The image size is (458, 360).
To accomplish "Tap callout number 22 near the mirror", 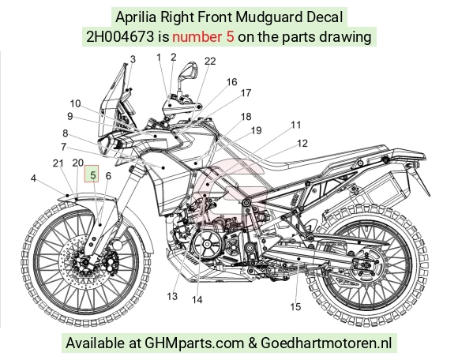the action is click(x=210, y=61).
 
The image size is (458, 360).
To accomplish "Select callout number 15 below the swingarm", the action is click(x=295, y=306).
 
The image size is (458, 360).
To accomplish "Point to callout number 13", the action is click(x=172, y=296).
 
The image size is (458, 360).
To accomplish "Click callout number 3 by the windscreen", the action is click(x=133, y=59).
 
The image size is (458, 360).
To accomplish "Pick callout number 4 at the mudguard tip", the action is click(x=33, y=178).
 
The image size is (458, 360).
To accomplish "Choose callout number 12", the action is click(x=302, y=143).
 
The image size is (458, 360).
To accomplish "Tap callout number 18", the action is click(x=246, y=117).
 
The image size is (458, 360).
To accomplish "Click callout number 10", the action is click(x=75, y=103).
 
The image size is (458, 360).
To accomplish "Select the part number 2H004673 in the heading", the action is click(x=120, y=37).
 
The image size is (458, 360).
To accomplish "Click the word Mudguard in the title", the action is click(x=268, y=17).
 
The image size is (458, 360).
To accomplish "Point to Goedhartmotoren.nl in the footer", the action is click(x=326, y=343).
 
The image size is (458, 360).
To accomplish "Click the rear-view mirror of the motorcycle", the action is click(x=189, y=71).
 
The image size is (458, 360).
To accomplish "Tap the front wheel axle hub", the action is click(x=85, y=262).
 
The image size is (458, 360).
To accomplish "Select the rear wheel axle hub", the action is click(x=365, y=264).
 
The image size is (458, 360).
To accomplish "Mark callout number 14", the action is click(x=197, y=299).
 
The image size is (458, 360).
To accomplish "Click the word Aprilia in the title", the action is click(x=136, y=17).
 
